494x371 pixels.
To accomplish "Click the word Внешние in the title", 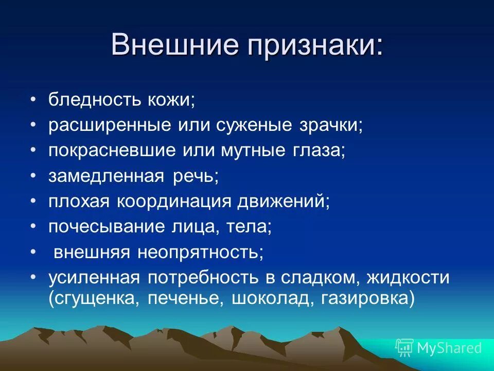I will coord(174,45).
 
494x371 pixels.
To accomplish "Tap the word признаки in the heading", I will coord(313,45).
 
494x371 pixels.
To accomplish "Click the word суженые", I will coord(257,125).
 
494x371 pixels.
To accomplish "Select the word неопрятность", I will coord(200,252).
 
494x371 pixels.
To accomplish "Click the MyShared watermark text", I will coord(449,348).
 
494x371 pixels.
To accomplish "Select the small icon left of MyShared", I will coord(404,348).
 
